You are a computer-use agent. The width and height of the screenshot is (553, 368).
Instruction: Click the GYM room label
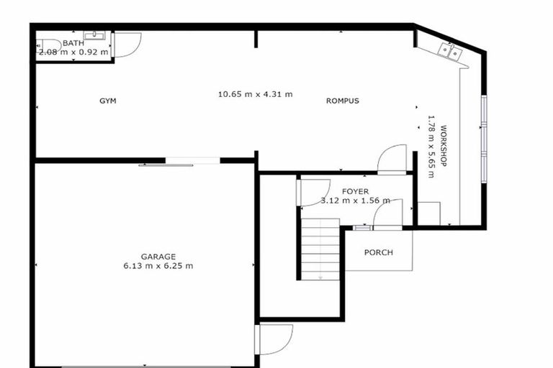coord(107,101)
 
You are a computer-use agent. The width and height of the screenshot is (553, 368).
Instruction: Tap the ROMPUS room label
coord(343,101)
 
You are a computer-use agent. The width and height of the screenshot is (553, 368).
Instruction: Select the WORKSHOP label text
coord(444,147)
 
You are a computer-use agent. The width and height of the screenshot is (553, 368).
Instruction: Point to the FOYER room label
coord(356,191)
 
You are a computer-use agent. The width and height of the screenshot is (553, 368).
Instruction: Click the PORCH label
coord(378,252)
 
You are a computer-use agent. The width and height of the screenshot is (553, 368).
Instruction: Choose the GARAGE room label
coord(158,257)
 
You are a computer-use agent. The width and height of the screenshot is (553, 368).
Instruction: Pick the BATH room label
coord(73,43)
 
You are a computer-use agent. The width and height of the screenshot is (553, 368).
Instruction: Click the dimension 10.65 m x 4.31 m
coord(256,94)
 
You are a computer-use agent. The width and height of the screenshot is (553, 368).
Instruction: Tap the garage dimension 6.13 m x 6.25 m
coord(158,266)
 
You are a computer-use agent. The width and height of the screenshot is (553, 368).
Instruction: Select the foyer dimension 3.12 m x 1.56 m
coord(356,201)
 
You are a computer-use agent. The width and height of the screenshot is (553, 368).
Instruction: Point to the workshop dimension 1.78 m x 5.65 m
coord(431,147)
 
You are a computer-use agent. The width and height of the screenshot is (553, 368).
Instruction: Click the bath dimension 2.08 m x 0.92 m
coord(73,52)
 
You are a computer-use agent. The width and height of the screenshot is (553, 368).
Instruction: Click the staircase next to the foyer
coord(320,248)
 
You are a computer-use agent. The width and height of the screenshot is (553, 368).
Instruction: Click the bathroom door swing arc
coord(127,45)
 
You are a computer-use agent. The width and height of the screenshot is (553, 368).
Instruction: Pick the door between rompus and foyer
coord(392,159)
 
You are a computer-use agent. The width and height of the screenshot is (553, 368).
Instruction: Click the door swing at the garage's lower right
coord(275,339)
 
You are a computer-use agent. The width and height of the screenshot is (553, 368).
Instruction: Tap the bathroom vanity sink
coord(94,34)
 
